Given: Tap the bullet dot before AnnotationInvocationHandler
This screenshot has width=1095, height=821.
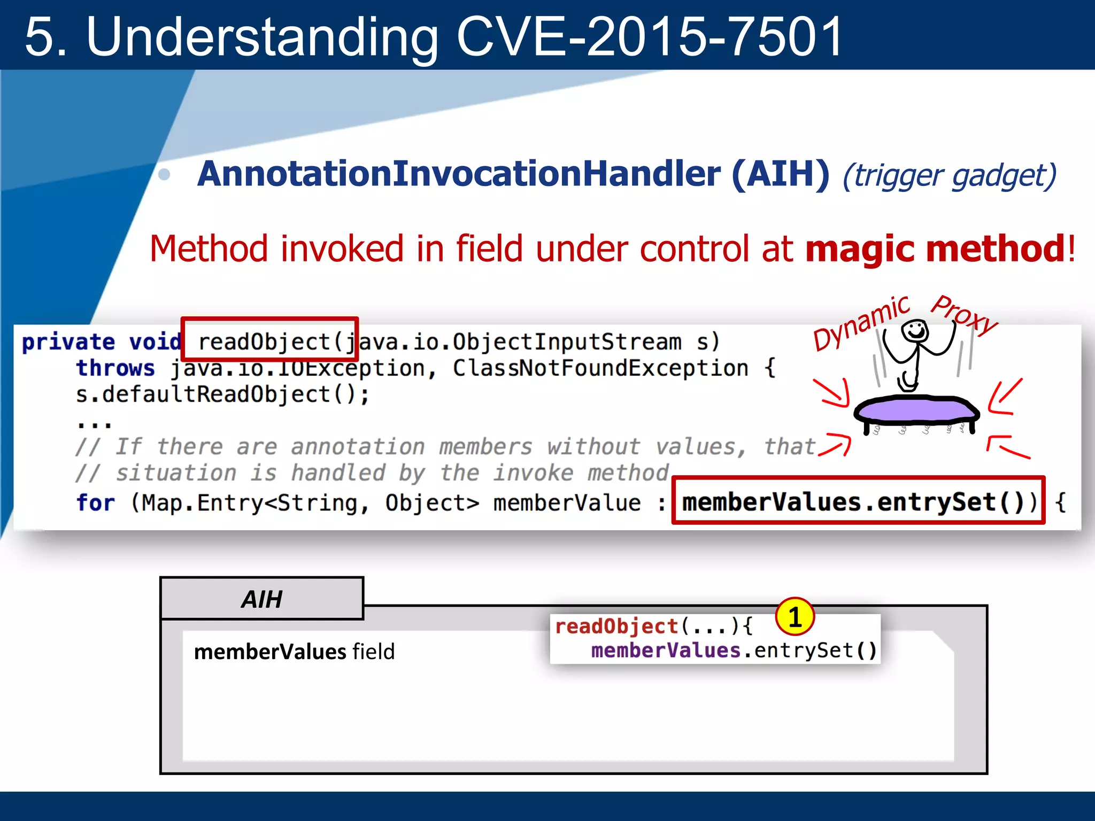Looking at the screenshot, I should [x=165, y=175].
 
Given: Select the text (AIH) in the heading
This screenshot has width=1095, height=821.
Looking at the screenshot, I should [x=780, y=174].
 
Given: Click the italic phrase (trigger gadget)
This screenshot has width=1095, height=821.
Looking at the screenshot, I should [x=949, y=175].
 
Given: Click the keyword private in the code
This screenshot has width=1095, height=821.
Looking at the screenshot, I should [x=68, y=342].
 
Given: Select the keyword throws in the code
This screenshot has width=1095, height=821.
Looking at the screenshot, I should [x=115, y=368].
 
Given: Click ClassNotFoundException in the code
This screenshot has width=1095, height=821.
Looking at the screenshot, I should [x=600, y=368].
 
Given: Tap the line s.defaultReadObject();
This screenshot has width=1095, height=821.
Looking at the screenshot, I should [x=222, y=394].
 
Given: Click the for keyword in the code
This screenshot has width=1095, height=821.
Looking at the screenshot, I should [x=95, y=503].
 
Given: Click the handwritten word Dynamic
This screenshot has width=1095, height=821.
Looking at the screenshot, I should [x=861, y=323].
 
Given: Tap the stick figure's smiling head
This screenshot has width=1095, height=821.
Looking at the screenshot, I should [x=915, y=330].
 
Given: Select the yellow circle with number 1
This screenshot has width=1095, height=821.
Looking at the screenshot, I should [x=795, y=617].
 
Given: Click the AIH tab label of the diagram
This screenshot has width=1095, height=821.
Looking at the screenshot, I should [x=261, y=599].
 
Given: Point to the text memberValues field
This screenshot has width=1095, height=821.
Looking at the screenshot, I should [x=294, y=652].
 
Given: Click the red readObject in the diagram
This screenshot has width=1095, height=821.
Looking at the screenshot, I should [x=616, y=626].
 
